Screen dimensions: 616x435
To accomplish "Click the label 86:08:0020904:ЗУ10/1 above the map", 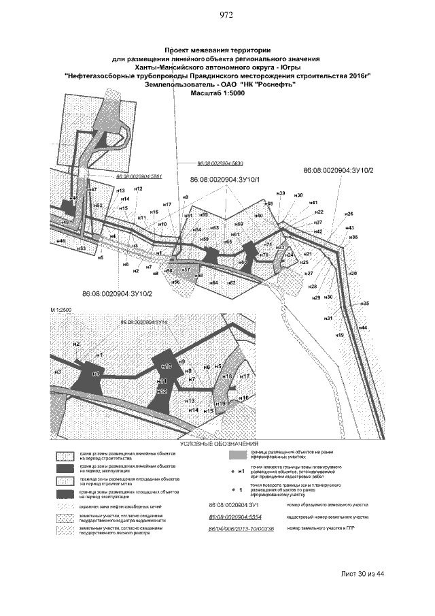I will pos(224,179).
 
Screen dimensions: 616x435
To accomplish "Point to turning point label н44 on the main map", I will pos(363,328).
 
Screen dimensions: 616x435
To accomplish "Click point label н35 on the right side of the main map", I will pos(365,304).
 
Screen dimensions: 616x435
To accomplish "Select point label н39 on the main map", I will pos(281,195).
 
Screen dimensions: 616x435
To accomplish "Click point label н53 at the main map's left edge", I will pos(81,249).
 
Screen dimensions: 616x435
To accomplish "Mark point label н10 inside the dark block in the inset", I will pos(167,367).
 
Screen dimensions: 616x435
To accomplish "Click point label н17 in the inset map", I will pos(245,376).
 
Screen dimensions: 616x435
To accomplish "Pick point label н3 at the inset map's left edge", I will pos(58,372).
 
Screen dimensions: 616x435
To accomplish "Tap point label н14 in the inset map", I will pos(193,410).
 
